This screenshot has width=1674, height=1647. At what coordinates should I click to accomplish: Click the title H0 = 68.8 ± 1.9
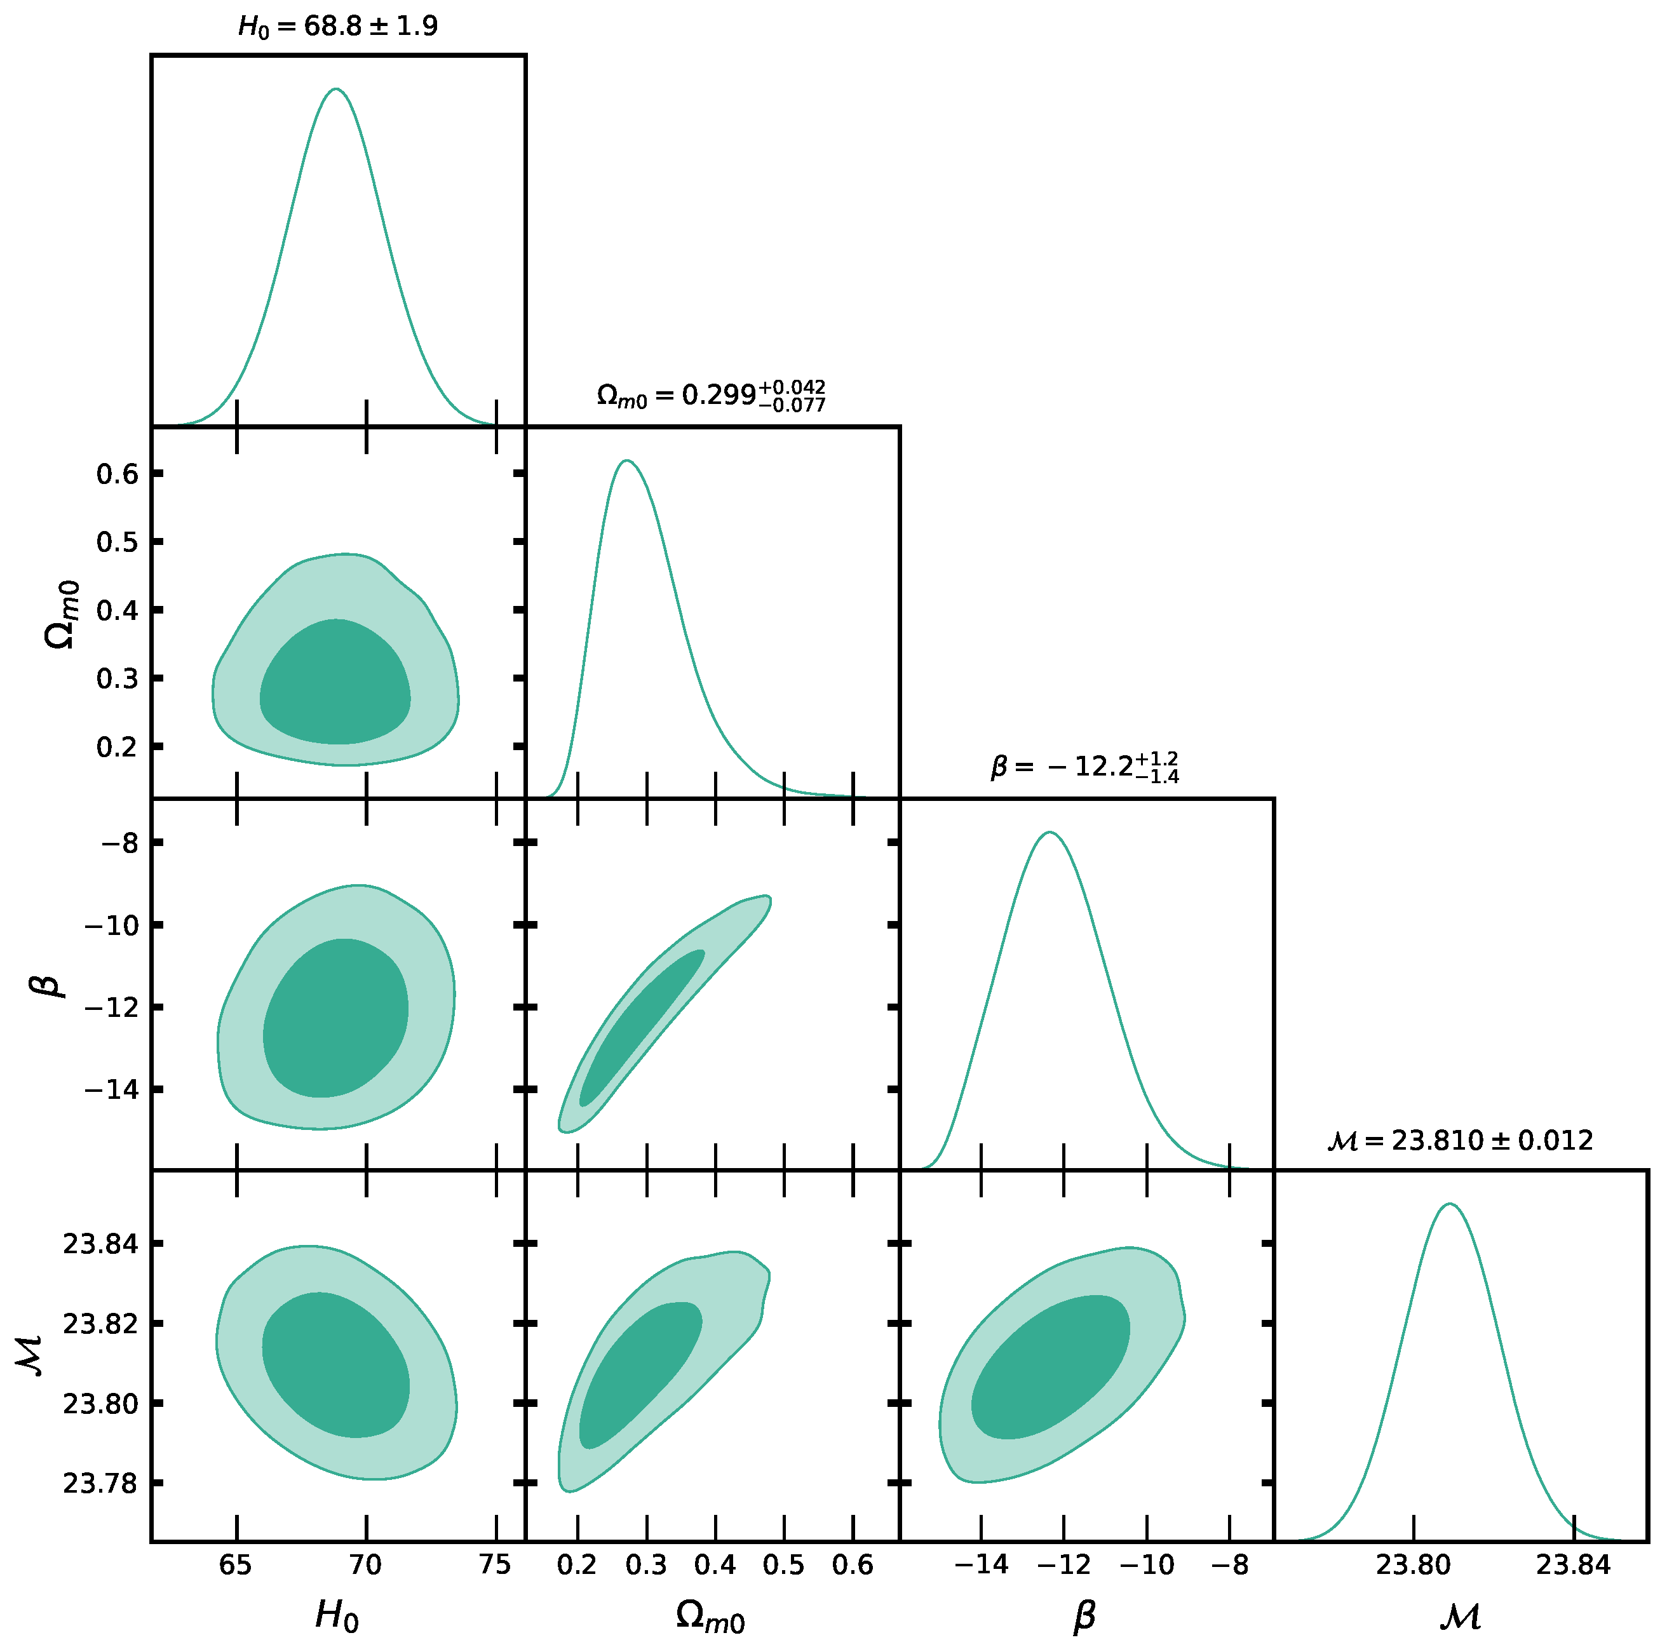click(x=337, y=27)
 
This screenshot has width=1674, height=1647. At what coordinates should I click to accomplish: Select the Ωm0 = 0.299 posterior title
click(x=710, y=396)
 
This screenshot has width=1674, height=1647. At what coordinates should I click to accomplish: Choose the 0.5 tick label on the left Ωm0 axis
click(x=118, y=542)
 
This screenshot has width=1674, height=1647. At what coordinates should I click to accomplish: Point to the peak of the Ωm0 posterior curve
click(x=626, y=461)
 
